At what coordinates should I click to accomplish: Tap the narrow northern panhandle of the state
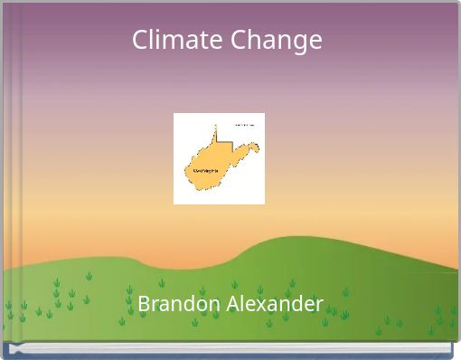point(216,137)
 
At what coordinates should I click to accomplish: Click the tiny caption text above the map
point(244,124)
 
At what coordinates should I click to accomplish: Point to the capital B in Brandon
point(143,303)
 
